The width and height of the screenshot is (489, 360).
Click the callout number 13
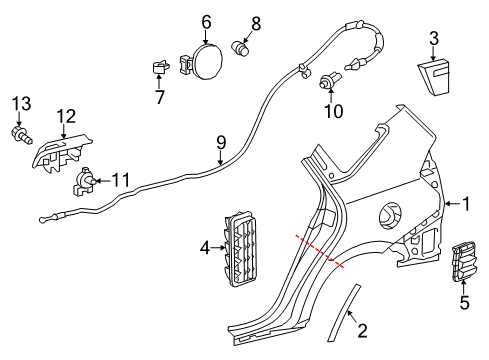pyautogui.click(x=22, y=104)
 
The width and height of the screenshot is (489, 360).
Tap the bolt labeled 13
pyautogui.click(x=22, y=134)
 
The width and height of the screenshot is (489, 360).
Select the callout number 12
pyautogui.click(x=66, y=117)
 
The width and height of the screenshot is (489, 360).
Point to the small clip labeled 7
pyautogui.click(x=160, y=67)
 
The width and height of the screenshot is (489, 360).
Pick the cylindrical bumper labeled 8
pyautogui.click(x=240, y=48)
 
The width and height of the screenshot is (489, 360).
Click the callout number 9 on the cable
pyautogui.click(x=221, y=143)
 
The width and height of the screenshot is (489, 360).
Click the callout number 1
pyautogui.click(x=466, y=204)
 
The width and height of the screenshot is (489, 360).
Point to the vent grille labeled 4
pyautogui.click(x=241, y=248)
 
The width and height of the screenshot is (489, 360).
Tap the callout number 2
pyautogui.click(x=362, y=330)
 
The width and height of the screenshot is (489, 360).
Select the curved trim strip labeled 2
pyautogui.click(x=344, y=312)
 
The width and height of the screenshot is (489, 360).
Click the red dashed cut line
pyautogui.click(x=319, y=251)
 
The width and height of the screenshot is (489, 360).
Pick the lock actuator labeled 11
pyautogui.click(x=84, y=181)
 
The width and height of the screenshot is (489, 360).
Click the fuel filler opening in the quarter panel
pyautogui.click(x=390, y=215)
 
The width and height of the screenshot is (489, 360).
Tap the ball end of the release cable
pyautogui.click(x=42, y=220)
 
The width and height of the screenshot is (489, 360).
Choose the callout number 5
pyautogui.click(x=464, y=303)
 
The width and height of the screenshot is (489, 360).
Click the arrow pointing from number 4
pyautogui.click(x=218, y=248)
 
